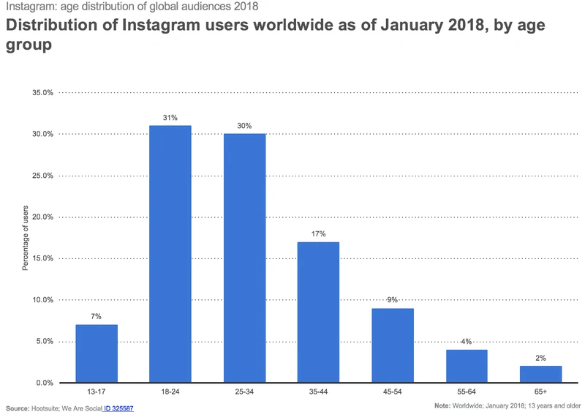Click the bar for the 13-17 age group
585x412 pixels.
[x=97, y=353]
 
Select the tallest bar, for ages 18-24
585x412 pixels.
[x=170, y=254]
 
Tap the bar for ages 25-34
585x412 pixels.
[x=244, y=258]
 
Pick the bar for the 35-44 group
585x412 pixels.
[x=318, y=312]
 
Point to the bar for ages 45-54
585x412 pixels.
[x=393, y=345]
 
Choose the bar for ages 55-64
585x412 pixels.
[x=467, y=366]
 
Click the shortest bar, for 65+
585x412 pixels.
[x=540, y=374]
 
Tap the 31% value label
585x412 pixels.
[x=170, y=117]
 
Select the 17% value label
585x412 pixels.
[x=318, y=233]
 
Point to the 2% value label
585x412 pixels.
[x=540, y=357]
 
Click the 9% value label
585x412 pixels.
[x=393, y=300]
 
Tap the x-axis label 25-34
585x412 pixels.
[x=244, y=394]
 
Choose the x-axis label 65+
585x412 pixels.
[x=540, y=394]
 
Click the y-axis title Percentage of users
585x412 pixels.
[x=25, y=238]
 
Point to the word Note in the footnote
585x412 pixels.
[x=442, y=405]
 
